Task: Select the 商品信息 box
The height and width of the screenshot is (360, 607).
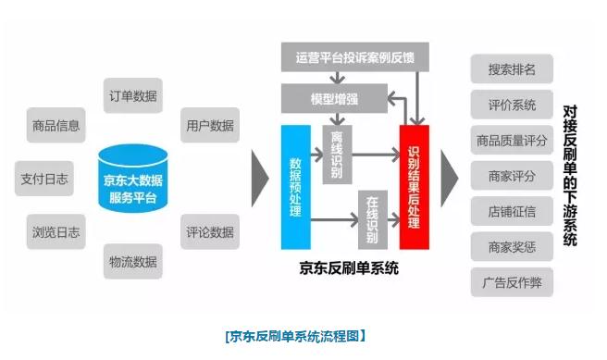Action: point(55,125)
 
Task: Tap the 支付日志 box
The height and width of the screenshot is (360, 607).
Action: point(43,178)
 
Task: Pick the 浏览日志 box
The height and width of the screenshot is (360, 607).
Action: point(55,231)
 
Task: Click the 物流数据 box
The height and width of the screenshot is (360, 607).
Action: point(132,262)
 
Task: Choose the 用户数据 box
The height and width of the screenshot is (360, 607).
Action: point(209,125)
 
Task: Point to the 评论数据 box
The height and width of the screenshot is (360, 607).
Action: point(209,231)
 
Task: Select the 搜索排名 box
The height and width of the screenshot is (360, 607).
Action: point(512,69)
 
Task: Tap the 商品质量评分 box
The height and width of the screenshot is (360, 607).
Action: point(512,140)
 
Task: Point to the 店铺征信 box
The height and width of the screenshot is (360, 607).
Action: point(512,210)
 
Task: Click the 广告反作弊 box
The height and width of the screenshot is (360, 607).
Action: point(512,282)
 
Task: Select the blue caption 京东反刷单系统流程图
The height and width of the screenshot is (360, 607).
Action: point(295,335)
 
